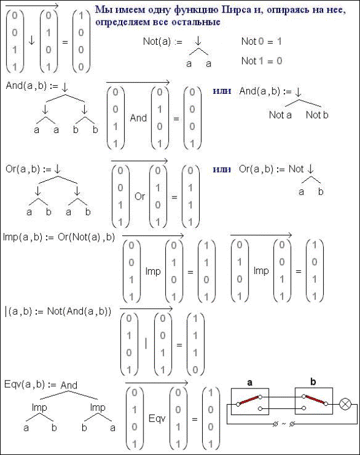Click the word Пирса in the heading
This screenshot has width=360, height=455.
tap(236, 10)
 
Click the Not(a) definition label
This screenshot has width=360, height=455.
tap(163, 42)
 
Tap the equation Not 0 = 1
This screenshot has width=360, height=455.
tap(261, 42)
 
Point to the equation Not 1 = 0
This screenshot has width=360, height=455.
tap(261, 61)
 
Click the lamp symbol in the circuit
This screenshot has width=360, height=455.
tap(345, 404)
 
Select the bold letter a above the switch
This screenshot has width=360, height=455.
tap(250, 383)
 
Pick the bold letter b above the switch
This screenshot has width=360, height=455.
tap(313, 382)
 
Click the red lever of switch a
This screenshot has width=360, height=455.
tap(249, 400)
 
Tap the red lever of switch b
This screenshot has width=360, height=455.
tap(315, 400)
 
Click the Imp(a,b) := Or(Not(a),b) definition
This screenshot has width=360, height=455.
tap(59, 237)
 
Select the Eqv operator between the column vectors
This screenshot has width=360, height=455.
tap(157, 419)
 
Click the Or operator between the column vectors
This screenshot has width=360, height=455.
tap(140, 197)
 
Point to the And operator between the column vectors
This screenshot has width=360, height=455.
tap(139, 118)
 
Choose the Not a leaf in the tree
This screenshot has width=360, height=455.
tap(280, 115)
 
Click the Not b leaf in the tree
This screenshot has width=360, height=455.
tap(317, 115)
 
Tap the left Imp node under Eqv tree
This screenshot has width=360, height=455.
tap(39, 408)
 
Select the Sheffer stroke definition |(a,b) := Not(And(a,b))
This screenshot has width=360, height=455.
tap(58, 312)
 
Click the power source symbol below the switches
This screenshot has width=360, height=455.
tap(284, 424)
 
